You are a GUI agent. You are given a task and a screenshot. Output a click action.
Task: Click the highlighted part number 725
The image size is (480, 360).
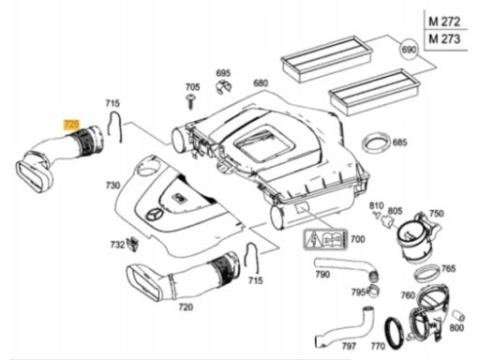point(71,125)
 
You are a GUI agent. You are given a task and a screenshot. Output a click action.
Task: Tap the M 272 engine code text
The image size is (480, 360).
point(444,22)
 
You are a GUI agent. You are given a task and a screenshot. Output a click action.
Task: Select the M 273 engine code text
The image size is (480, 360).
point(444,39)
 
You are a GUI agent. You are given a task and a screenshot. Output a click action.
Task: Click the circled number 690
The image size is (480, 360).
point(409,49)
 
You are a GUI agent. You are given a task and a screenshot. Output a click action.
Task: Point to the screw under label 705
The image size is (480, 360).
point(190,101)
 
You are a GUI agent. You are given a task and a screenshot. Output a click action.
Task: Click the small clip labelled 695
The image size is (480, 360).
point(224,87)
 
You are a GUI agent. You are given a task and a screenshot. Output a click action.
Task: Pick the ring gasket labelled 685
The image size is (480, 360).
point(376,143)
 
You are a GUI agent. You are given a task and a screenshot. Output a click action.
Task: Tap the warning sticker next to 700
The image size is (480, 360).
point(325,240)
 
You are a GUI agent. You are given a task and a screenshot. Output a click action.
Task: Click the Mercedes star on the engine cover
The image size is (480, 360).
point(154,216)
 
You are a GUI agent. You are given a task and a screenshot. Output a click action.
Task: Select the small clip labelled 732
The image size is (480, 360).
point(133,244)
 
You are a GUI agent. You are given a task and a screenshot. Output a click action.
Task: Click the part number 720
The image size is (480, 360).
point(186,307)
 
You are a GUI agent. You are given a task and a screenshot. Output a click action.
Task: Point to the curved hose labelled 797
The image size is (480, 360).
point(344,326)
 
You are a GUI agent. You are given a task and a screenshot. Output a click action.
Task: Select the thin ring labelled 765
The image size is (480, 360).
point(427,273)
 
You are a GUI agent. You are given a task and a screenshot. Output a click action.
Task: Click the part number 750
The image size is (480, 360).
point(436,214)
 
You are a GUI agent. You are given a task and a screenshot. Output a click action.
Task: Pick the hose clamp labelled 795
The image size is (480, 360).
point(372,291)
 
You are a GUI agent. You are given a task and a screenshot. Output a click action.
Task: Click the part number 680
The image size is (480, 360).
point(261,83)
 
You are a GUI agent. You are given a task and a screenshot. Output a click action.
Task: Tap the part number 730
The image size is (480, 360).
point(112,186)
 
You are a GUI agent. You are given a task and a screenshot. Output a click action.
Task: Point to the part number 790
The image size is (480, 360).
point(322,275)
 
